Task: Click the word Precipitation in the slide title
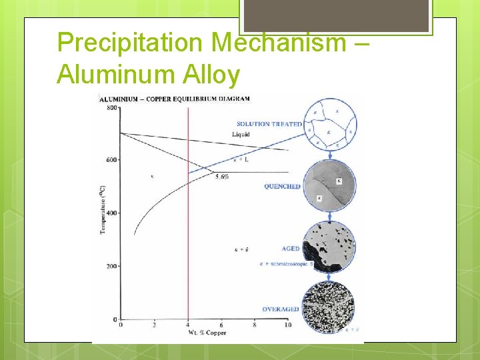coord(130,43)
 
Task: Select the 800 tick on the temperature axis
coord(112,108)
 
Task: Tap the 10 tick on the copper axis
coord(287,325)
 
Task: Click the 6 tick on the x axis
coord(221,325)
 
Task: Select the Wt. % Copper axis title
coord(207,333)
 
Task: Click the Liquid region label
coord(241,135)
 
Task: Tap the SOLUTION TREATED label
coord(269,124)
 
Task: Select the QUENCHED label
coord(282,187)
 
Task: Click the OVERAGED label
coord(281,309)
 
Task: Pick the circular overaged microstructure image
coord(329,308)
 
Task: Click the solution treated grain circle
coord(331,125)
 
